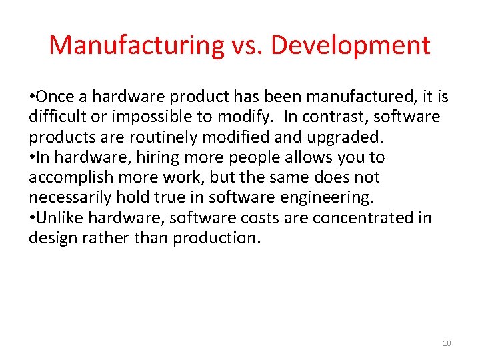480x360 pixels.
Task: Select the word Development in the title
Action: [350, 45]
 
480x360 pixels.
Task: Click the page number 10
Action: [447, 343]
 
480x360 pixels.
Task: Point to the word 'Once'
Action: [54, 97]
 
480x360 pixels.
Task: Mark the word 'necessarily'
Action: [71, 197]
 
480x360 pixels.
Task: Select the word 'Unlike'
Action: [57, 217]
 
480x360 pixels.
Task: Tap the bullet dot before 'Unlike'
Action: [31, 218]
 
